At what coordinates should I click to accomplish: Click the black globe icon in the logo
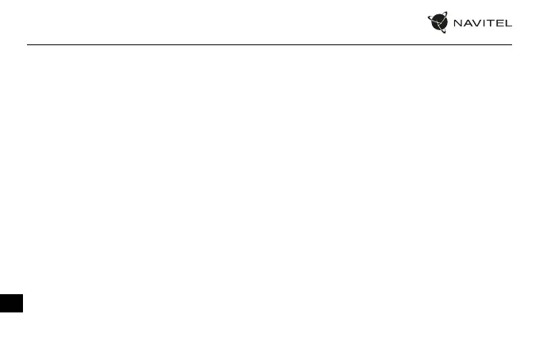pyautogui.click(x=438, y=23)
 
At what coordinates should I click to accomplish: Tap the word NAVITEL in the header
pyautogui.click(x=482, y=23)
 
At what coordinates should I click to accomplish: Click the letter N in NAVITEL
pyautogui.click(x=458, y=23)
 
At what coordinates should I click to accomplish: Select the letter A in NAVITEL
pyautogui.click(x=468, y=23)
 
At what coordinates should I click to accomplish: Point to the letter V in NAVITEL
pyautogui.click(x=477, y=23)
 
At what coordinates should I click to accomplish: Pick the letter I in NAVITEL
pyautogui.click(x=484, y=23)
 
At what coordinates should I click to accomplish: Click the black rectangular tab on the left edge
pyautogui.click(x=11, y=303)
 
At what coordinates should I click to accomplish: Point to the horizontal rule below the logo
pyautogui.click(x=269, y=44)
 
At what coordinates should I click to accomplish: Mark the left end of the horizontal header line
pyautogui.click(x=28, y=44)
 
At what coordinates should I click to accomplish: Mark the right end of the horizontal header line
pyautogui.click(x=511, y=44)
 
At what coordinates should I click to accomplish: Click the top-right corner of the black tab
pyautogui.click(x=23, y=293)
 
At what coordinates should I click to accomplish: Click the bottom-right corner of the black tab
pyautogui.click(x=23, y=312)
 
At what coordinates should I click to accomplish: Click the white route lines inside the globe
pyautogui.click(x=438, y=23)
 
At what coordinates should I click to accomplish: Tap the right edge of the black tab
pyautogui.click(x=23, y=303)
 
